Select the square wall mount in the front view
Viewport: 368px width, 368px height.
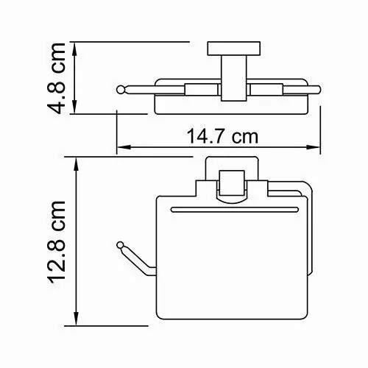coord(231,180)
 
